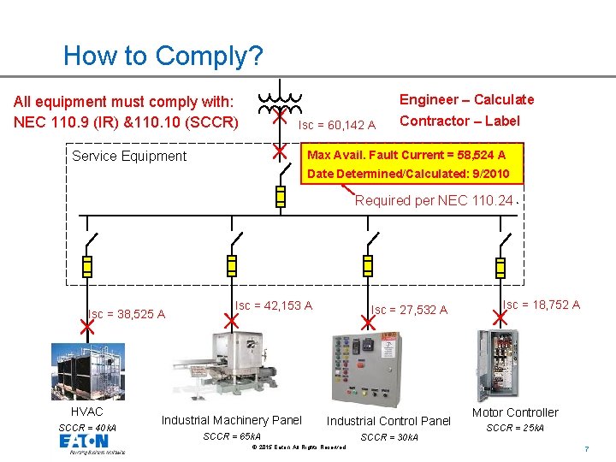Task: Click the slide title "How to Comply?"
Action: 163,56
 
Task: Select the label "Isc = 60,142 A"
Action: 336,125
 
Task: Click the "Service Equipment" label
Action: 128,156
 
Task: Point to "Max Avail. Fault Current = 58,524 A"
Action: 406,155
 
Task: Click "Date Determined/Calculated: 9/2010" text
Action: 408,174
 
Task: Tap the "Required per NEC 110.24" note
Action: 435,201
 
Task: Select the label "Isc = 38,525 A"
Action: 126,314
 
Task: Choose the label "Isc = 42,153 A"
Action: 274,305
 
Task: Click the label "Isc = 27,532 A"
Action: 409,310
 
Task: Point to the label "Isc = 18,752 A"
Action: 541,305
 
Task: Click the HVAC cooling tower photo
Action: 88,370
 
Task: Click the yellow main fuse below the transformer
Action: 280,197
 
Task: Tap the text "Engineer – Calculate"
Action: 467,99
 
